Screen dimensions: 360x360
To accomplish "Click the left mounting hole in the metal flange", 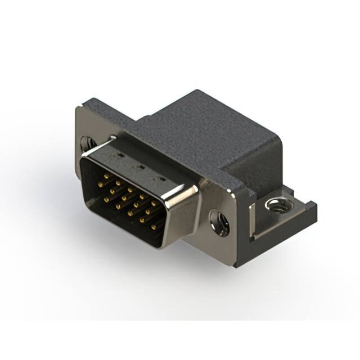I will pyautogui.click(x=87, y=143).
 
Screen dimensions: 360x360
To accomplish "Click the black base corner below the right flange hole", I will pyautogui.click(x=239, y=256).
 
